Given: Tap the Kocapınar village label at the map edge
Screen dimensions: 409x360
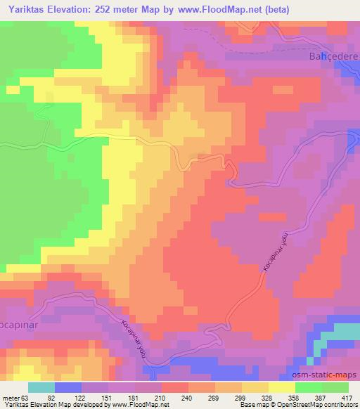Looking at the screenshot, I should point(15,309).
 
